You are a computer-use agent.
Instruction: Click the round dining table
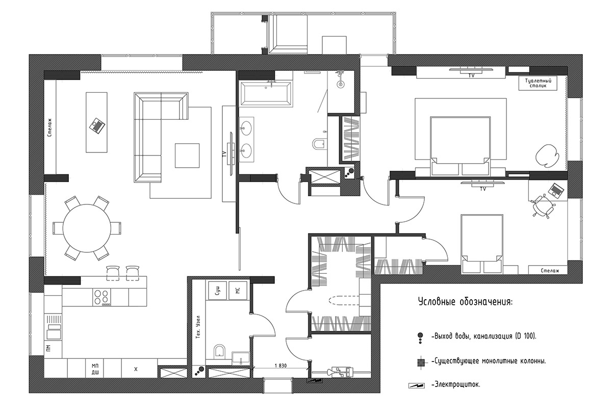(87, 228)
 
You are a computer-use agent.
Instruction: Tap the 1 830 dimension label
(280, 366)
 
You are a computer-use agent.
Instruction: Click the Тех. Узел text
(198, 327)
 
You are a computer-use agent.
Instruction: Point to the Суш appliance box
(217, 290)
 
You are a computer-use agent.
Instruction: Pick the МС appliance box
(238, 290)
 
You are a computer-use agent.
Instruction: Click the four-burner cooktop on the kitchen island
(101, 298)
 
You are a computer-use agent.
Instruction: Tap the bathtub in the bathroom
(265, 93)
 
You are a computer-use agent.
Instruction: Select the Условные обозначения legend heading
(465, 302)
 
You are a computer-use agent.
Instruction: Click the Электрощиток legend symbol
(416, 386)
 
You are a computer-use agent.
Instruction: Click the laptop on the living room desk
(97, 126)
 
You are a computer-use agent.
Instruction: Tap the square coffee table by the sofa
(187, 155)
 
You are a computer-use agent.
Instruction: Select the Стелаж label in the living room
(50, 127)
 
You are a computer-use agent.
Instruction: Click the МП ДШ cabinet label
(95, 369)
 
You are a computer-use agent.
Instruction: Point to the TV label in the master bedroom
(471, 75)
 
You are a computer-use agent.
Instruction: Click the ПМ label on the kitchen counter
(48, 348)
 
